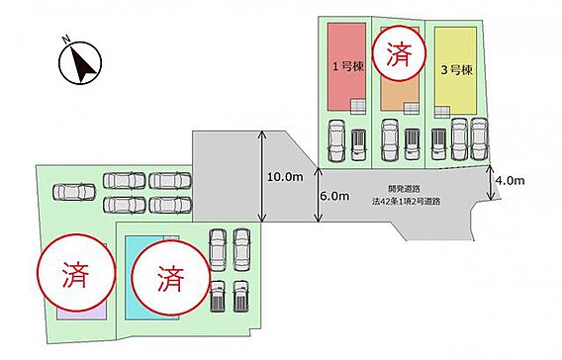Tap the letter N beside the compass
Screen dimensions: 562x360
point(65,39)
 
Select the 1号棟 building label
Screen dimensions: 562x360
point(348,66)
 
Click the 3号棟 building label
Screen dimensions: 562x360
point(456,70)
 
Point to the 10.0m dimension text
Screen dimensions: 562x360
point(285,177)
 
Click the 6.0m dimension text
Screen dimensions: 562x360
point(334,196)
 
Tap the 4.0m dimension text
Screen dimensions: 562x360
point(510,181)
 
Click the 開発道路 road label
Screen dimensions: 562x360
point(404,189)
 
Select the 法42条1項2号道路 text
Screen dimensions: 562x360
point(406,202)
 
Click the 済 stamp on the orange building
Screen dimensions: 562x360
point(399,53)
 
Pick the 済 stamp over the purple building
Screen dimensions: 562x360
point(76,273)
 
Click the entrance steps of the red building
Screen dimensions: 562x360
point(358,107)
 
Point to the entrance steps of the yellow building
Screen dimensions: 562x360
point(442,112)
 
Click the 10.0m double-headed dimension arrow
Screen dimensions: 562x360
point(262,176)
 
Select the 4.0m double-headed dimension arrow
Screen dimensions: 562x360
point(491,183)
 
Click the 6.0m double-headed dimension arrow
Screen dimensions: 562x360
point(318,195)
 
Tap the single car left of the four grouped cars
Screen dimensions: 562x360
point(74,192)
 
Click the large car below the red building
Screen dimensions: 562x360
point(337,140)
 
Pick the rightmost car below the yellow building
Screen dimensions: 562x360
point(479,139)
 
